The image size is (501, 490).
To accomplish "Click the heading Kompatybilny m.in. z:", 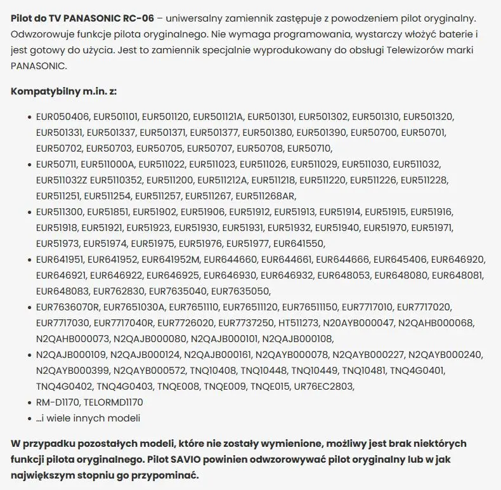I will pyautogui.click(x=63, y=91).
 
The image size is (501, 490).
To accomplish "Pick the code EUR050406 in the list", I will pyautogui.click(x=62, y=117).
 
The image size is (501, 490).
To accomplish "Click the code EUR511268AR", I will pyautogui.click(x=266, y=195).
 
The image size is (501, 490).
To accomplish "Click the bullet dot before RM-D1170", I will pyautogui.click(x=30, y=402).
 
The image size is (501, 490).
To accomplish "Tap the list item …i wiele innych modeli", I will pyautogui.click(x=88, y=418).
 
